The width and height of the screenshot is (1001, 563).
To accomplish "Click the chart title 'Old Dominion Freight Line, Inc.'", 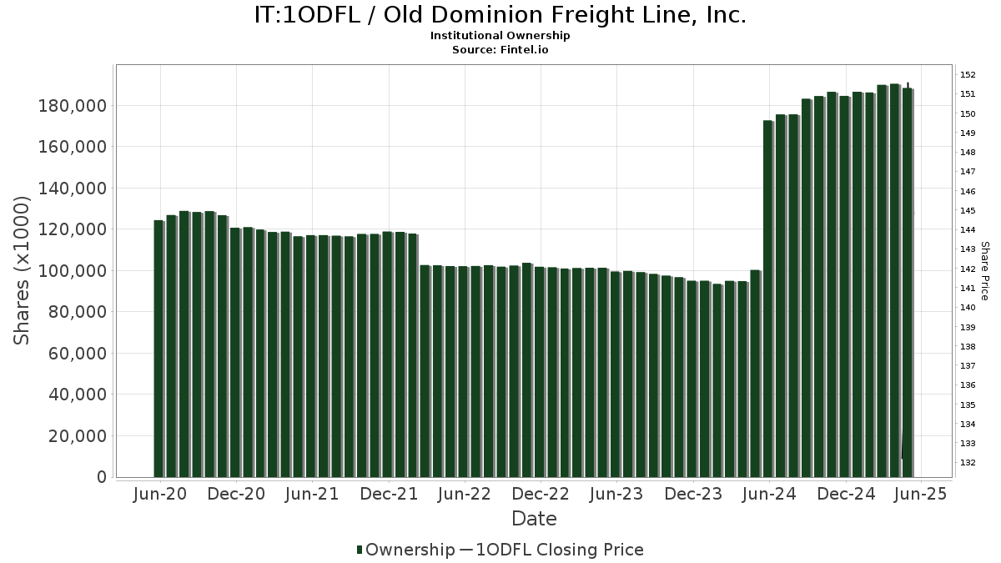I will coord(500,15).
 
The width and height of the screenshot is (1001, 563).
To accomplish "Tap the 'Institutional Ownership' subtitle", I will coord(500,36).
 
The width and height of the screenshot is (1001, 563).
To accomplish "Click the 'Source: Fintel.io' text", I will coord(500,50).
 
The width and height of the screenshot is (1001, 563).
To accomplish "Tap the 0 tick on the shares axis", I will coord(102,477).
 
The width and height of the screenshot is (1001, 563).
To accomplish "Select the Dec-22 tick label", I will coord(541,494).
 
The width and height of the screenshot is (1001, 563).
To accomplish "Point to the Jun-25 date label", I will coord(921,494).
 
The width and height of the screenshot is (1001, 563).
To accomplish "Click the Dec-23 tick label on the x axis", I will coord(693,494).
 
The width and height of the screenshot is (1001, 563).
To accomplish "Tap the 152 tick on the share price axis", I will coord(968,74).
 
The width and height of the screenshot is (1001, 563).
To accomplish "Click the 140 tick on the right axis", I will coord(968,308).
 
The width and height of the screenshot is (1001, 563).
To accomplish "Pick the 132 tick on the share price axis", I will coord(968,463).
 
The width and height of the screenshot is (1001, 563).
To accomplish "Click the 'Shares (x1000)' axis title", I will coord(23,270).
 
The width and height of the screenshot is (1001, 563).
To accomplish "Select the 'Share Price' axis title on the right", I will coord(984,270).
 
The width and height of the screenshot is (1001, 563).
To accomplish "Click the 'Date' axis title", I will coord(534,519).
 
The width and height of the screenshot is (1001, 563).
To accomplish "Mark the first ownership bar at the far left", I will coord(158,349).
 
